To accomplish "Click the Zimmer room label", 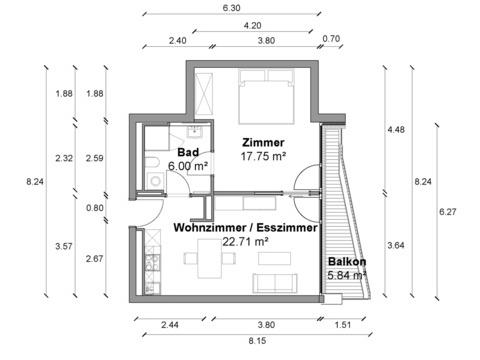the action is (x=263, y=143).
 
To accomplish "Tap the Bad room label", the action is (x=188, y=152).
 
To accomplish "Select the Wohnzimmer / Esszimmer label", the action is (x=245, y=228).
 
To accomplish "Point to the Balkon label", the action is (x=347, y=262).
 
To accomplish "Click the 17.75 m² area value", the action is (x=263, y=156).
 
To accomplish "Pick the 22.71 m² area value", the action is (x=245, y=241).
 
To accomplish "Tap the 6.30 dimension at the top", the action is (x=231, y=8).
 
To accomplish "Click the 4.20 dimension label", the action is (x=252, y=25).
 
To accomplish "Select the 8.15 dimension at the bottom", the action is (x=257, y=341).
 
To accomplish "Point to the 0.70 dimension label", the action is (x=331, y=39).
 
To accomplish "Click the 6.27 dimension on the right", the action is (x=447, y=212).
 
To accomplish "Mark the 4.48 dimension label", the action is (x=396, y=129).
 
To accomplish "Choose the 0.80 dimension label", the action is (x=95, y=208).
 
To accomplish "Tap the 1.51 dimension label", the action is (x=343, y=324).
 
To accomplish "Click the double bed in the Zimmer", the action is (x=267, y=97).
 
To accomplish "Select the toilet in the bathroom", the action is (x=154, y=163).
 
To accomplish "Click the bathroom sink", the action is (x=194, y=132).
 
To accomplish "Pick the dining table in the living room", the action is (x=210, y=258).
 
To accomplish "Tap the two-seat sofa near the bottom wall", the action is (x=275, y=283).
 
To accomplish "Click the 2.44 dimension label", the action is (x=170, y=324).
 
